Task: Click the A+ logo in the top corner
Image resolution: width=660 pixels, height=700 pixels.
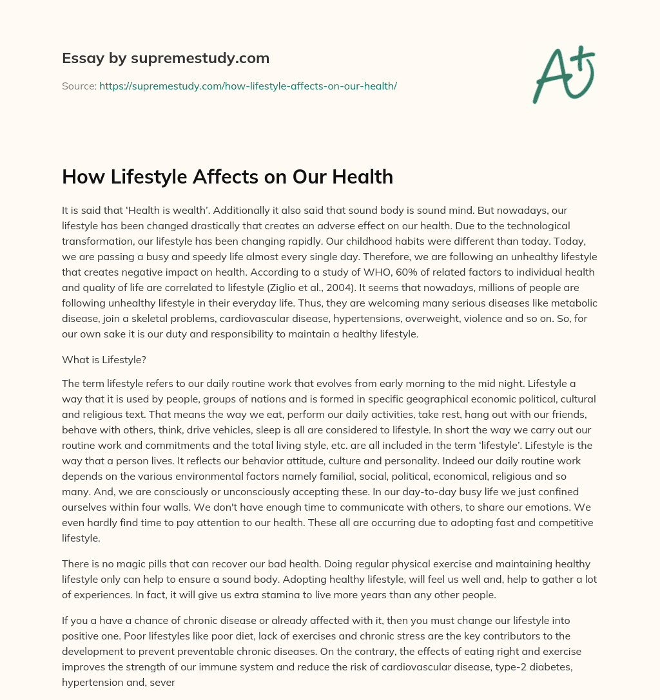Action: click(x=563, y=73)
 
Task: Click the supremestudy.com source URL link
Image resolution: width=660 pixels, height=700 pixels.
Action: click(x=247, y=85)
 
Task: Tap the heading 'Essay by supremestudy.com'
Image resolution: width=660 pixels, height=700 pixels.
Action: click(x=166, y=58)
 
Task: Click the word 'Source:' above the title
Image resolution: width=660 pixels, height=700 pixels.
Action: click(x=79, y=85)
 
